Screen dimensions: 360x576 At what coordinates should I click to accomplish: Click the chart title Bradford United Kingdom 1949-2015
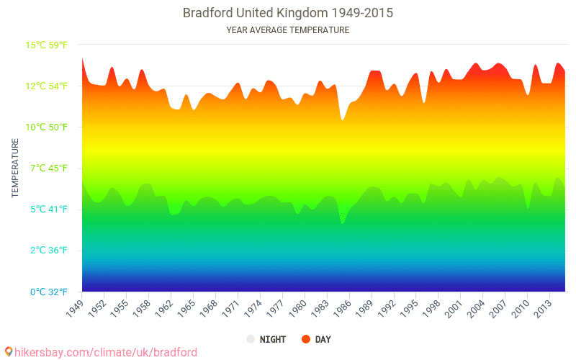pos(287,13)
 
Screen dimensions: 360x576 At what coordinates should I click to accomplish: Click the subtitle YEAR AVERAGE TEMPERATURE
pos(287,30)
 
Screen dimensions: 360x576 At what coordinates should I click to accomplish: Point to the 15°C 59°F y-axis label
pos(47,45)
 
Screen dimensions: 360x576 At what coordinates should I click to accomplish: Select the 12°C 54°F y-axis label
pos(47,86)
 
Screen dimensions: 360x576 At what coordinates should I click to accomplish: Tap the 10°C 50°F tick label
pos(47,127)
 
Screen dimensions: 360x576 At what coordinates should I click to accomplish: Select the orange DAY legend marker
pos(306,339)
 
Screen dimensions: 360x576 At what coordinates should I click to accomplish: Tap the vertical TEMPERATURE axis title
pos(14,168)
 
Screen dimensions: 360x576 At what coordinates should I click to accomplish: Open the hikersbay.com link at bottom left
pos(105,352)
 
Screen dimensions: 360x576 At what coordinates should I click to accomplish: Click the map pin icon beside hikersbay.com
pos(8,351)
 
